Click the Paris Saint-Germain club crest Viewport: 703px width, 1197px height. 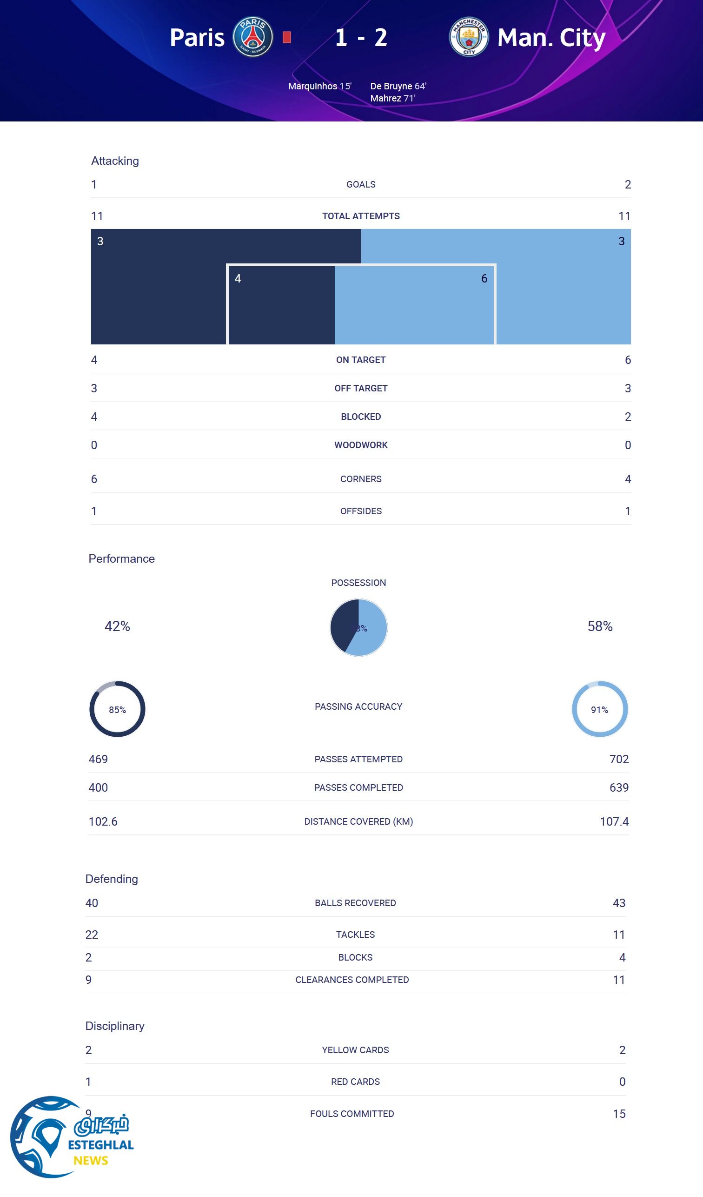tap(252, 37)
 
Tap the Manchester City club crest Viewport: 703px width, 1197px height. tap(469, 37)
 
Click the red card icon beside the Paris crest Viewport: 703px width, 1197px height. tap(287, 37)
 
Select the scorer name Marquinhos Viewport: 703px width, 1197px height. tap(312, 86)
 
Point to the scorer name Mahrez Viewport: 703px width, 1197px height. tap(386, 98)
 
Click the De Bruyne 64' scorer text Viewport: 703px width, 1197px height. tap(398, 86)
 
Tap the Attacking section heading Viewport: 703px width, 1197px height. tap(115, 161)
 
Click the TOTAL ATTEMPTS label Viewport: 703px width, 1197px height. tap(361, 216)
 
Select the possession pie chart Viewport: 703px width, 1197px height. tap(358, 627)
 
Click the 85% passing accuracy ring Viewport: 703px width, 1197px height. tap(117, 709)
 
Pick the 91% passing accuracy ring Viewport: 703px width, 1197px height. tap(599, 709)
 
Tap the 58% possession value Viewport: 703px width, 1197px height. tap(599, 626)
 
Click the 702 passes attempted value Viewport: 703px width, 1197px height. tap(618, 759)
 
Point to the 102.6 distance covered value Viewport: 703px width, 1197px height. tap(103, 821)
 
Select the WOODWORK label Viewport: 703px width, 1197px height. tap(361, 445)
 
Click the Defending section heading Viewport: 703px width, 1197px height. tap(112, 879)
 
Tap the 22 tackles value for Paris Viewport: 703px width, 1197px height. tap(92, 935)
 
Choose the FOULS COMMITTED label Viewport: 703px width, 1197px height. tap(352, 1113)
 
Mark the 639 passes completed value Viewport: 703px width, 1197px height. tap(618, 787)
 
